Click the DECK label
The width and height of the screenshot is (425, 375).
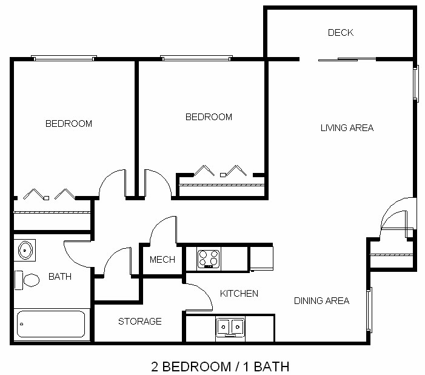pos(340,33)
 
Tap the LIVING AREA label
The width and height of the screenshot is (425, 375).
pos(347,128)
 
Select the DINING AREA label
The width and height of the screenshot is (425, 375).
pos(321,301)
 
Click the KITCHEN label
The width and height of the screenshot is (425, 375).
pos(239,294)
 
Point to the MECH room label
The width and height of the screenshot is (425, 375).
pos(162,260)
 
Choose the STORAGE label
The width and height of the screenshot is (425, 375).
pos(139,321)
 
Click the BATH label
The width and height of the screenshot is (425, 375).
pos(60,277)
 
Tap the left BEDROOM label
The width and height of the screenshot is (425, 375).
pos(69,124)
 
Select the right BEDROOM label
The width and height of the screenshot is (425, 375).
pos(209,117)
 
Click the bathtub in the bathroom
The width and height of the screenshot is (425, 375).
pos(51,324)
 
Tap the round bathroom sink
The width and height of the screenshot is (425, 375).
pos(25,249)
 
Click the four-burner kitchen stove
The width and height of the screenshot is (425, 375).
pos(209,258)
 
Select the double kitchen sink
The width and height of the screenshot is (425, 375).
pos(230,328)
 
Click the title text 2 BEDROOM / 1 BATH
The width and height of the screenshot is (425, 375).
pos(219,367)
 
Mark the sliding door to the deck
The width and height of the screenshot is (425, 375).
pos(347,59)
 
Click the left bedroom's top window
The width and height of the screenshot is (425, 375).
pos(64,58)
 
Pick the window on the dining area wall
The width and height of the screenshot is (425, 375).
pos(369,309)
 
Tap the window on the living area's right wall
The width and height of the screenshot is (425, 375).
pos(416,83)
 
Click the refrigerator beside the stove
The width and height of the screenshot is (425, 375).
pos(261,258)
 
